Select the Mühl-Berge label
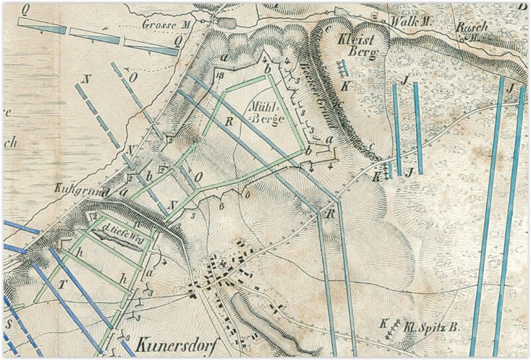pos(265,112)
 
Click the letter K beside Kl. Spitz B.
pos(383,323)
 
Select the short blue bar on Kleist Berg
pos(343,67)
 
